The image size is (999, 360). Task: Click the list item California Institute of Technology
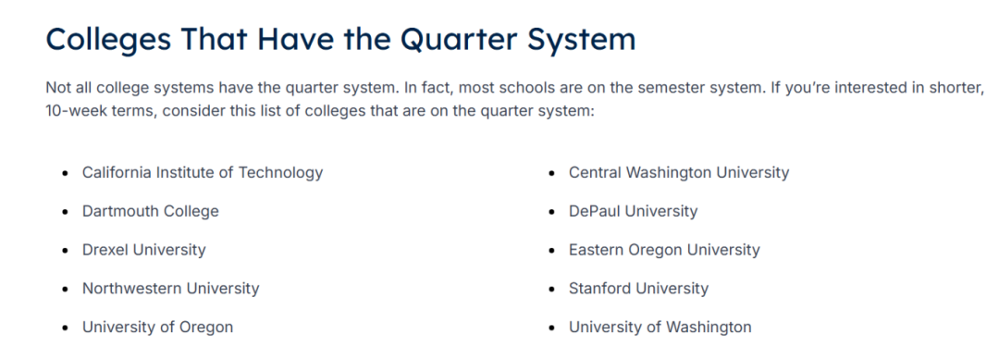coord(203,173)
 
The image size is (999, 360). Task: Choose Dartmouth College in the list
coord(151,212)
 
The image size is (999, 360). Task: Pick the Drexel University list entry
coord(144,250)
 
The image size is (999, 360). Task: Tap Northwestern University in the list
coord(171,289)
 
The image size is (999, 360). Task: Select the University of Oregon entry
coord(157,328)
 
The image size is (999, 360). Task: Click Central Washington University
coord(679,173)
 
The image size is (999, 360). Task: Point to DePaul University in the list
coord(634,212)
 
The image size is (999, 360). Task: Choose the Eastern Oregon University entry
coord(664,250)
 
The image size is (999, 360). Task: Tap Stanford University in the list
coord(638,289)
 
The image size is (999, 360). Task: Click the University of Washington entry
coord(660,328)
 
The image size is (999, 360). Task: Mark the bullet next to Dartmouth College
coord(65,212)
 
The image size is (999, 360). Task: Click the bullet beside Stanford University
coord(551,290)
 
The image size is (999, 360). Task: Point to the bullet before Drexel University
coord(65,251)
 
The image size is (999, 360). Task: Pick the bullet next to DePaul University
coord(551,212)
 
